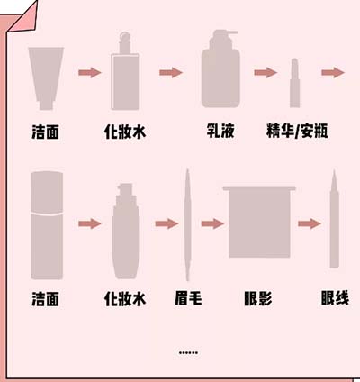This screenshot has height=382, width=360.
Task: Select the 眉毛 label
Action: point(187,296)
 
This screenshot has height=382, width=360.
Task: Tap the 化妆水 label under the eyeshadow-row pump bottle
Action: point(125,296)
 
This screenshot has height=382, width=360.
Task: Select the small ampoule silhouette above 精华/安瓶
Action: point(294,85)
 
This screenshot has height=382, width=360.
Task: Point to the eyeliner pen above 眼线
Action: point(334,221)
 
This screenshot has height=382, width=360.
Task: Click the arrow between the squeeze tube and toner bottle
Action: point(89,72)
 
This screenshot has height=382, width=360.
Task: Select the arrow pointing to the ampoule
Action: point(265,72)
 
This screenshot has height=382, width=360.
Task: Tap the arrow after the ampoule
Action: point(333,72)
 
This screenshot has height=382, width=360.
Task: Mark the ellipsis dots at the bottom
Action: point(189,351)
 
